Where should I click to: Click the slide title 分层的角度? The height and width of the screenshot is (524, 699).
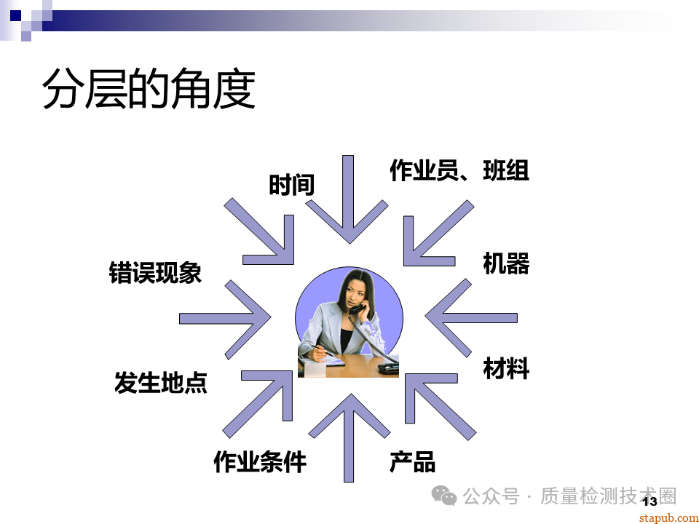[x=149, y=90]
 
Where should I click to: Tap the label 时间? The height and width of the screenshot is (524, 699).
[x=291, y=185]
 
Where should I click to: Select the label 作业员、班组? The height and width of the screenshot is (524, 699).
[x=459, y=170]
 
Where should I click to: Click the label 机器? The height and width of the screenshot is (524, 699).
[x=506, y=263]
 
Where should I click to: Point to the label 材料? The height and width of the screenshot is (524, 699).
[x=506, y=368]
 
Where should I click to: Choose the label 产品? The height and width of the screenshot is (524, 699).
[x=412, y=461]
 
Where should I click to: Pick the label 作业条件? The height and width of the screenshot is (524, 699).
[x=260, y=461]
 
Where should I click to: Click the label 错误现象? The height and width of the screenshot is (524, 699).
[x=155, y=273]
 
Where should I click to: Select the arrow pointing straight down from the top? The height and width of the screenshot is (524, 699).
[x=348, y=204]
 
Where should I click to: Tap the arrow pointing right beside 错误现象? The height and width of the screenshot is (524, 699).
[x=226, y=318]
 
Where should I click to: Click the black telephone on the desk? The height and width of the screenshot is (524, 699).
[x=387, y=368]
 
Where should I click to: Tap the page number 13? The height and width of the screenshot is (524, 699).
[x=649, y=501]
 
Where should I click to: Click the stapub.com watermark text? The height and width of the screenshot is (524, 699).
[x=668, y=517]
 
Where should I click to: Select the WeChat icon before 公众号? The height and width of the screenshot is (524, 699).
[x=444, y=496]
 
